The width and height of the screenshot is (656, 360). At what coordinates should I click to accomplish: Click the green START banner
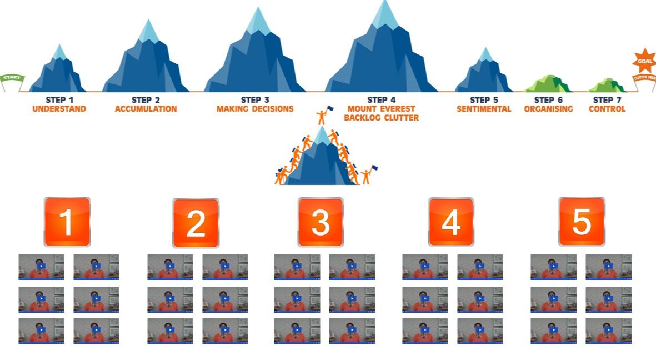click(x=12, y=78)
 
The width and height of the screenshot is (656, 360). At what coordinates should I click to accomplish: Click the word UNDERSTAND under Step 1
click(x=59, y=109)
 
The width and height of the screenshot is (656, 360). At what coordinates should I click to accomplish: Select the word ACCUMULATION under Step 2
click(x=146, y=109)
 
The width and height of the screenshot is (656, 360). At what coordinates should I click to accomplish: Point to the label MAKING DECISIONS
click(x=255, y=109)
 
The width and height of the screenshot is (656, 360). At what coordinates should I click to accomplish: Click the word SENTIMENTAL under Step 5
click(x=483, y=109)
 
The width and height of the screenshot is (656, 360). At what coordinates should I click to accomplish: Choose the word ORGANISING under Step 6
click(x=548, y=109)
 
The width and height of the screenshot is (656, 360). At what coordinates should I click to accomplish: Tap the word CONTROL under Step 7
click(x=607, y=109)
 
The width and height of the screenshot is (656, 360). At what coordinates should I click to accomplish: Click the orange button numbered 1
click(x=67, y=222)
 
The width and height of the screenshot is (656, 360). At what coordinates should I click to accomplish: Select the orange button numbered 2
click(x=196, y=223)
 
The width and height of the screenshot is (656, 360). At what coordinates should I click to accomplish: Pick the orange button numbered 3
click(x=321, y=222)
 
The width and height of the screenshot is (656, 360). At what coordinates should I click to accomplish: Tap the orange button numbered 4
click(x=450, y=222)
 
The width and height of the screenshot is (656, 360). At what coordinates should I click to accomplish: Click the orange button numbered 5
click(x=581, y=222)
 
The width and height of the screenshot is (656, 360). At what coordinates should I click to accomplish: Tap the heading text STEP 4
click(x=381, y=100)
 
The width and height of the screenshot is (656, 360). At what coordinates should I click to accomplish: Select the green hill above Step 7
click(x=607, y=86)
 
